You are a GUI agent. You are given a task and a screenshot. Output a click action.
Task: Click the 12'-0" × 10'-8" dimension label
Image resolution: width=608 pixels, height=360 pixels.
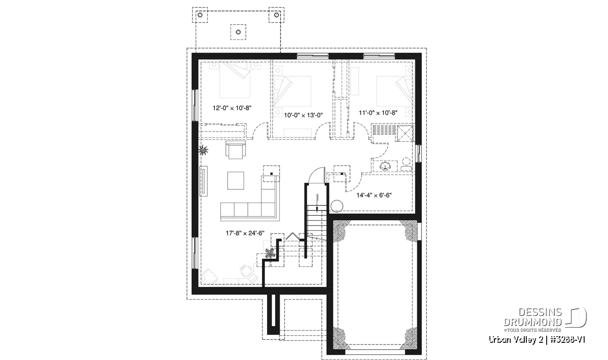click(232, 108)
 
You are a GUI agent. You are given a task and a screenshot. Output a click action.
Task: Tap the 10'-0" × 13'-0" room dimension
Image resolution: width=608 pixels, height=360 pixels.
click(303, 115)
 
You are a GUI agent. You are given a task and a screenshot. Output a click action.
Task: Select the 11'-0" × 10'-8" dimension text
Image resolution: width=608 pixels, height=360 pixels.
click(378, 112)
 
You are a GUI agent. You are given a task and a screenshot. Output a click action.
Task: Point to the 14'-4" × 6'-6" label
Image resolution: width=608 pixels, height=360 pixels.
click(374, 195)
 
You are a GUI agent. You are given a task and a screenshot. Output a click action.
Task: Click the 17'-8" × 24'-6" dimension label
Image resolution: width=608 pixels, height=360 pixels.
click(245, 233)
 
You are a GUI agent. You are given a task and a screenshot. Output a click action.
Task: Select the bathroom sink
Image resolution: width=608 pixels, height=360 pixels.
click(385, 166)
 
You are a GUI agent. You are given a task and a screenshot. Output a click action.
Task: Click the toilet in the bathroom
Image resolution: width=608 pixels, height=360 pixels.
click(406, 165)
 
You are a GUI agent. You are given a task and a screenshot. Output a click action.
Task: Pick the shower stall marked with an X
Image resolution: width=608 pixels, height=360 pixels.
click(405, 133)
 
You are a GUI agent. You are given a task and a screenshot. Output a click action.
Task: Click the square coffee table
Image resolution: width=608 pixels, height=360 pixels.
click(236, 180)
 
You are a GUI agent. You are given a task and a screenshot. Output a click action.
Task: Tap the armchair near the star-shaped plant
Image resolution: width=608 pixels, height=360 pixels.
click(236, 150)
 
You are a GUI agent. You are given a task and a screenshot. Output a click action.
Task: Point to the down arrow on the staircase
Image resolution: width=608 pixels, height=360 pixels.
click(317, 203)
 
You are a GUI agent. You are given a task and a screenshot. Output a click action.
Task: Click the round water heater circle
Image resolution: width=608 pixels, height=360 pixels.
click(337, 206)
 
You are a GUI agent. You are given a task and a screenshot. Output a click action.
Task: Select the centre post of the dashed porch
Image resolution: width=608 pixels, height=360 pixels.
click(238, 32)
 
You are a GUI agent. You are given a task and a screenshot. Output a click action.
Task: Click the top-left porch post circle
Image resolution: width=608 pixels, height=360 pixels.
click(200, 15)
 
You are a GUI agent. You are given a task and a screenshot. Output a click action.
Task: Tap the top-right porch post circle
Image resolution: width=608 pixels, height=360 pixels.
click(276, 15)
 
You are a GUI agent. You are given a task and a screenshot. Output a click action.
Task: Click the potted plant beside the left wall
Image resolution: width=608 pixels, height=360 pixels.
click(203, 150)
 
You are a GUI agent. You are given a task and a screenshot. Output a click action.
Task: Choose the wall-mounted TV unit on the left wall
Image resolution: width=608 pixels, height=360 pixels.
click(204, 181)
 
